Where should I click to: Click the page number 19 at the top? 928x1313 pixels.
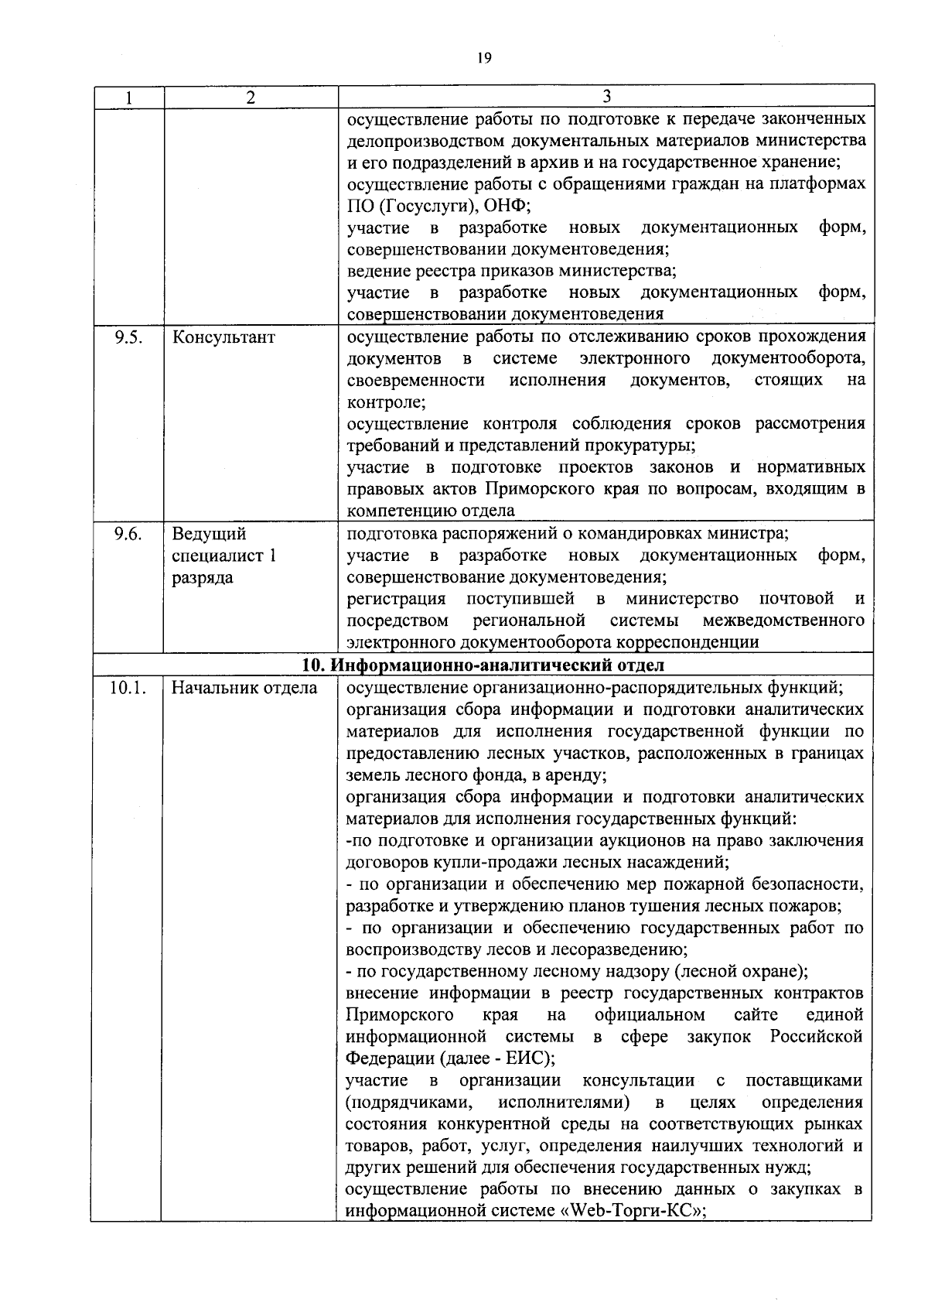[484, 58]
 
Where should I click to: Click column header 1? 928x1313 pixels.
[128, 97]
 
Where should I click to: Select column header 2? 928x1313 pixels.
[250, 97]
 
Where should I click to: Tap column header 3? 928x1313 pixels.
[606, 96]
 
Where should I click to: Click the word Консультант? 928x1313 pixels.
[223, 338]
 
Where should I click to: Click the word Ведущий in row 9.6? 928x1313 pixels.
[209, 535]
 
